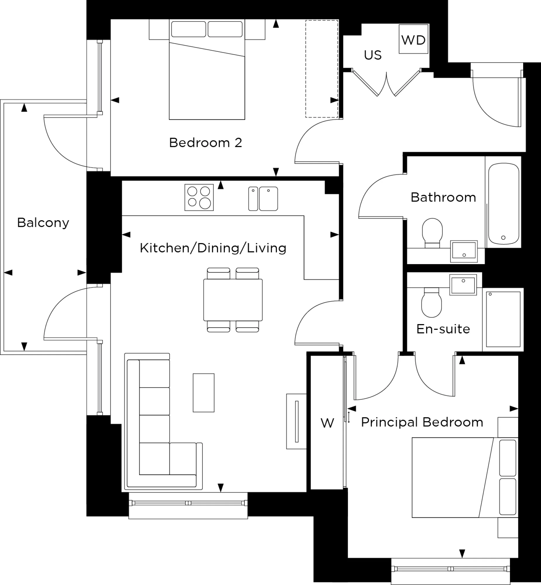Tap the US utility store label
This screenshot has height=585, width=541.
coord(373,55)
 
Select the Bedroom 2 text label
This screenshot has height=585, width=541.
coord(206,143)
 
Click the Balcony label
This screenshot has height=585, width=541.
coord(43,223)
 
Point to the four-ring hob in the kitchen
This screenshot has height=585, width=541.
coord(199,197)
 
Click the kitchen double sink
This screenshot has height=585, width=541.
coord(263,199)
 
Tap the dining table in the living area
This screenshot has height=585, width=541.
coord(233,300)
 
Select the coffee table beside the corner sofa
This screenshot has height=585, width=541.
coord(204,393)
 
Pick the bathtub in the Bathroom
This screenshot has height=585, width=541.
coord(503,204)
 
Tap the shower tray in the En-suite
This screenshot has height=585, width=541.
coord(503,319)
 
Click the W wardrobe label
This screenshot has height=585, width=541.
coord(327,423)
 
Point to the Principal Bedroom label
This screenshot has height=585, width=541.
coord(422,422)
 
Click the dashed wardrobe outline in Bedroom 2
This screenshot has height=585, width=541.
coord(321,69)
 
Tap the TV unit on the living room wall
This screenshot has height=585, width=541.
coord(296,421)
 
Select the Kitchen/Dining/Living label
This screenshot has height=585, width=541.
coord(213,248)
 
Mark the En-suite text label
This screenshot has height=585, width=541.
coord(443,329)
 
